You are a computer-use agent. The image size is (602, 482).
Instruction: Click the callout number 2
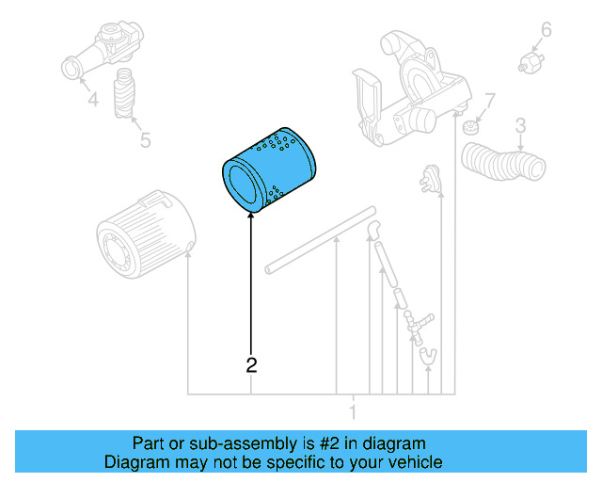(251, 364)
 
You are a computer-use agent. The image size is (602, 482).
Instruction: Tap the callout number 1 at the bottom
(353, 411)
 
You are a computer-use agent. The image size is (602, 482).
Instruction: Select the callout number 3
(520, 125)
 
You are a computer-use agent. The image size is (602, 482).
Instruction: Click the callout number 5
(144, 140)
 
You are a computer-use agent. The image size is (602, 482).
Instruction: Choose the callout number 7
(489, 100)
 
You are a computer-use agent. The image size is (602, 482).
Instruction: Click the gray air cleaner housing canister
(145, 235)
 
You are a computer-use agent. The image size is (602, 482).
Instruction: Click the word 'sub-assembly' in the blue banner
(224, 442)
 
